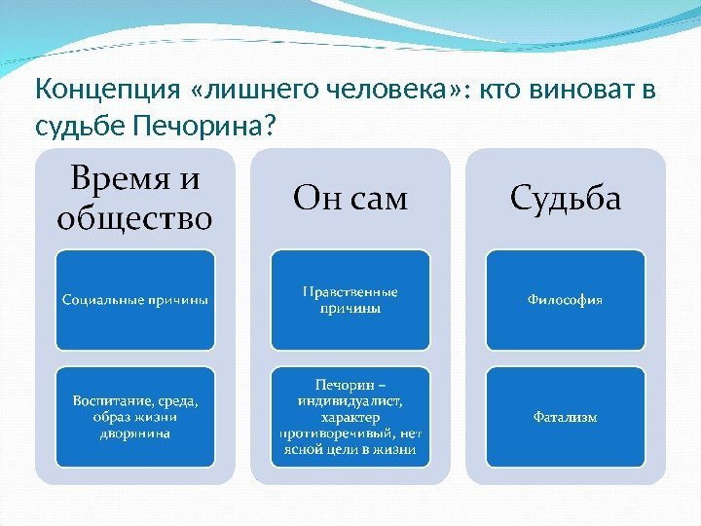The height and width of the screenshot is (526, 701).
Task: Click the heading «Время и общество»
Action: coord(134,199)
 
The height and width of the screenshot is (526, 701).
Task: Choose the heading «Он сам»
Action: coord(350,199)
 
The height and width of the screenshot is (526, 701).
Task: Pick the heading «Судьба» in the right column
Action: coord(565,199)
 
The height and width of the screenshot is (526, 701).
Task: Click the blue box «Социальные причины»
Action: coord(134,299)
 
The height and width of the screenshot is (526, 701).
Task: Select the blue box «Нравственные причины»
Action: coord(350,299)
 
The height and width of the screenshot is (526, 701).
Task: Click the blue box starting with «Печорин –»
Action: coord(350,416)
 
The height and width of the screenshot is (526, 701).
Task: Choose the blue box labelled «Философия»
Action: coord(565,299)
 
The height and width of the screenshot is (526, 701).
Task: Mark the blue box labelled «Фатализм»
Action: coord(565,416)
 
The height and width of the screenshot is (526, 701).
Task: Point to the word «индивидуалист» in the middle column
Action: coord(350,399)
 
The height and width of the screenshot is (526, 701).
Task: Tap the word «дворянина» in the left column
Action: coord(134,433)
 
